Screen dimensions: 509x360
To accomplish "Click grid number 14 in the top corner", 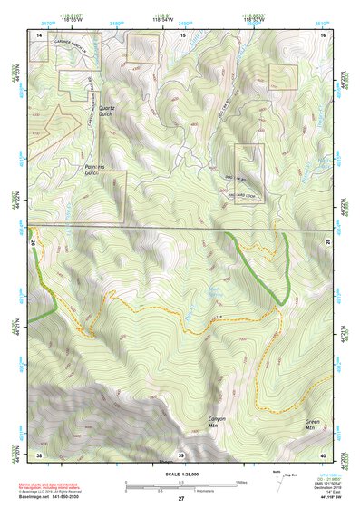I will tap(39, 34).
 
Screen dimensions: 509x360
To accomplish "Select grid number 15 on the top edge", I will tap(182, 34).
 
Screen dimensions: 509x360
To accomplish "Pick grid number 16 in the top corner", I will tap(324, 34).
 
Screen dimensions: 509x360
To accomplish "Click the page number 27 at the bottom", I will tap(181, 499).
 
